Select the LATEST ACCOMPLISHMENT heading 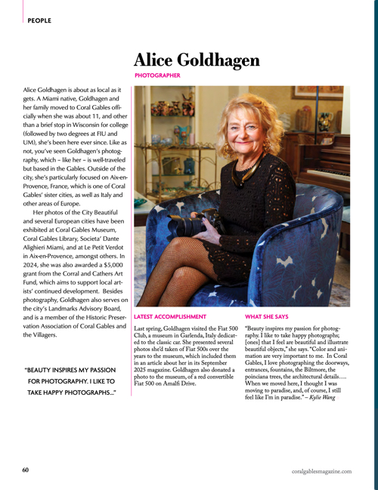[x=170, y=318]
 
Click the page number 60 [x=25, y=470]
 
